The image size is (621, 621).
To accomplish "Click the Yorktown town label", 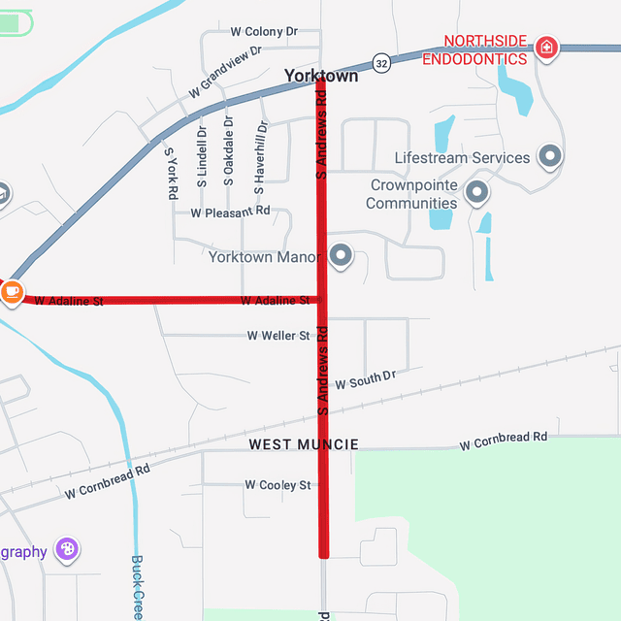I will click(320, 76).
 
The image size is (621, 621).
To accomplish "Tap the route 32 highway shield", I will click(382, 62).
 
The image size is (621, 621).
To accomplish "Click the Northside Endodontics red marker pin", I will click(547, 47).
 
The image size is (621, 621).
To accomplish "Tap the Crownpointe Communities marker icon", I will click(476, 192).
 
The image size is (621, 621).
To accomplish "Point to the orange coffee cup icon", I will click(11, 290).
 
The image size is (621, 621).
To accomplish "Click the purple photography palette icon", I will click(67, 550).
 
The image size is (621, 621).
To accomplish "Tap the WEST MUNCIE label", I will click(304, 444).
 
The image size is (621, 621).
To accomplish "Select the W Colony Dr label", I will click(264, 32).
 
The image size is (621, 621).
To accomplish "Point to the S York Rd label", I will click(171, 174).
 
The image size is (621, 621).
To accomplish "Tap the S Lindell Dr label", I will click(202, 157).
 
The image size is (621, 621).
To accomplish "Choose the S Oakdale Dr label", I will click(229, 151).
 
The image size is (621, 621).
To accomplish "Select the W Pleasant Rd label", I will click(230, 212).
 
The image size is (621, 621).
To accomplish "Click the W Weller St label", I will click(278, 336).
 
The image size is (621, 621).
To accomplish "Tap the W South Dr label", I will click(365, 379).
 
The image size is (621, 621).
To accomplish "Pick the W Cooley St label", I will click(278, 485).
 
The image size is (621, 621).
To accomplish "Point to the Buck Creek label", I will click(138, 588).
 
